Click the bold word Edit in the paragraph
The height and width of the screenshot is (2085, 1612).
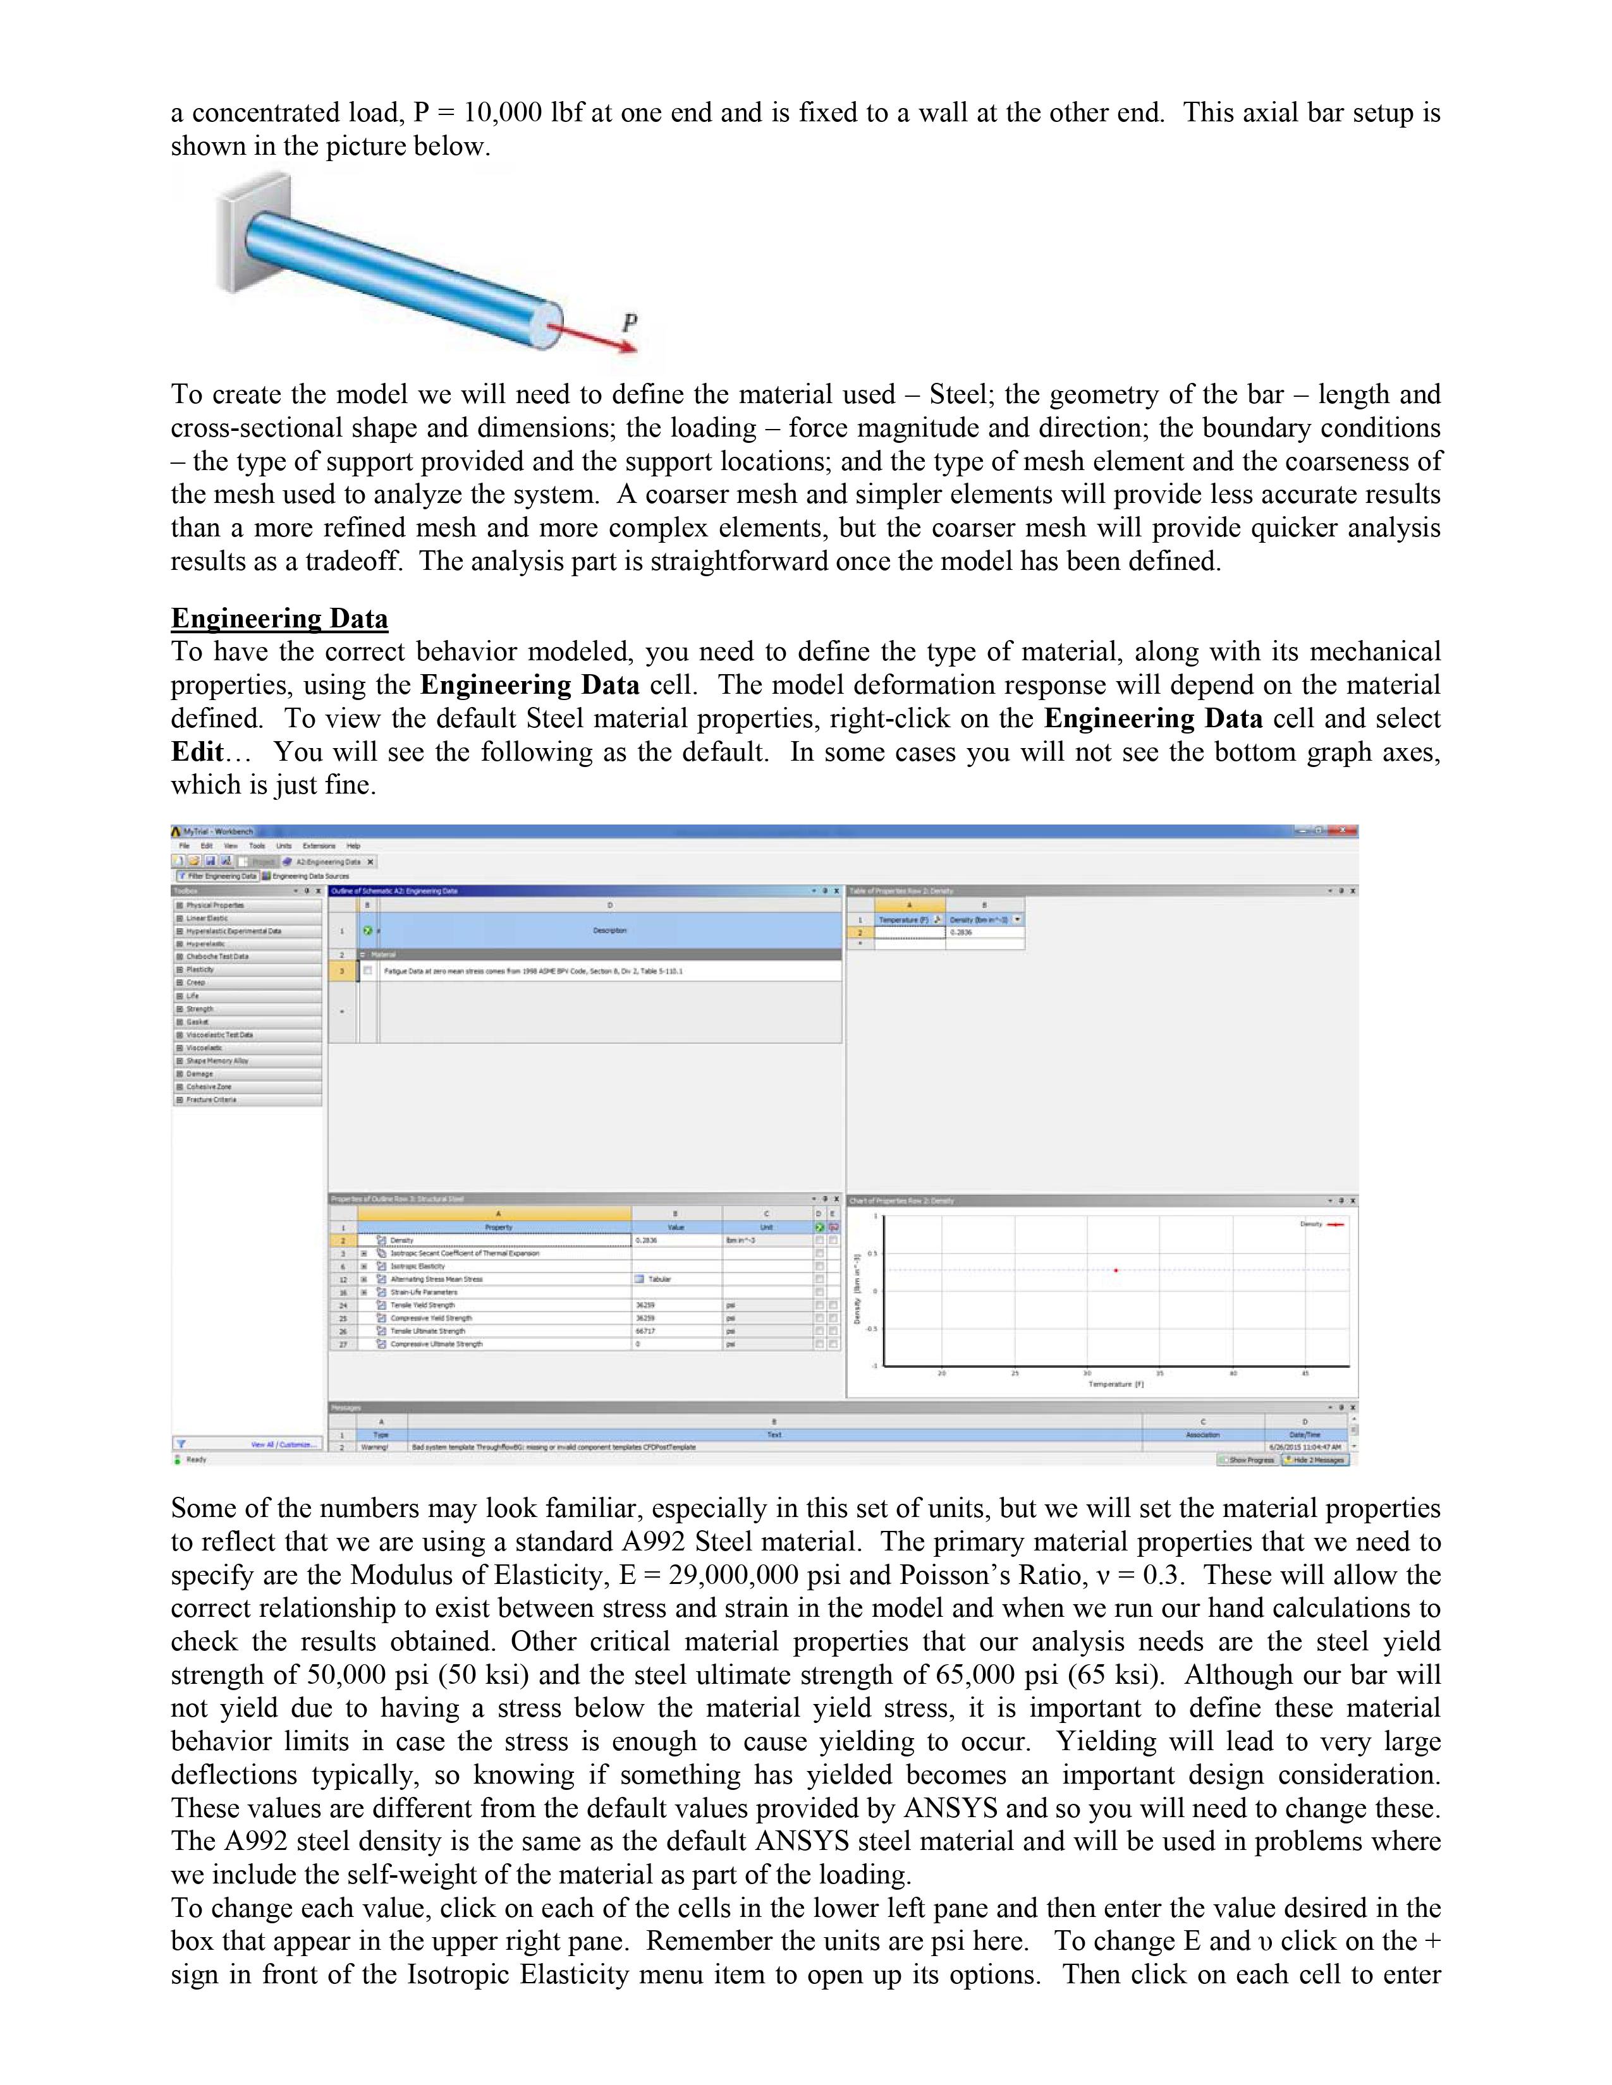[x=196, y=752]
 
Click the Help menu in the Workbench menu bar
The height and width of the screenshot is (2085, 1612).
[x=353, y=846]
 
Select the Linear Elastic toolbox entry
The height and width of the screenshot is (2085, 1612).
[x=207, y=919]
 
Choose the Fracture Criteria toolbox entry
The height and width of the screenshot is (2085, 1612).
[x=211, y=1100]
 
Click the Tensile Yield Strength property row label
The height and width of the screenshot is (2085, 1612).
[x=422, y=1305]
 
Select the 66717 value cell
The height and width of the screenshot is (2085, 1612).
[x=645, y=1331]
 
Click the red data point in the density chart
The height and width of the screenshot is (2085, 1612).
[x=1115, y=1270]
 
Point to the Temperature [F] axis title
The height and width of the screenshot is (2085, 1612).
[x=1115, y=1384]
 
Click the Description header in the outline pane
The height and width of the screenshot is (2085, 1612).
[x=610, y=931]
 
